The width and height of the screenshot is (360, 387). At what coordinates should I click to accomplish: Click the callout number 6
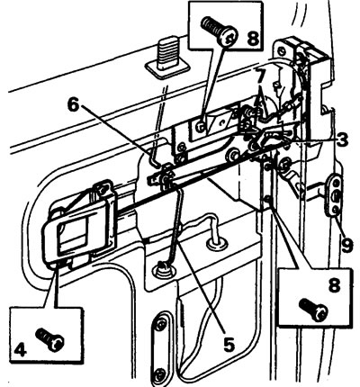[73, 105]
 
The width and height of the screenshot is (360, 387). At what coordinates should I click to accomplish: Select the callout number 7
[260, 76]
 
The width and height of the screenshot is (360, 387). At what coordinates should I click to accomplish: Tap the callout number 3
[341, 140]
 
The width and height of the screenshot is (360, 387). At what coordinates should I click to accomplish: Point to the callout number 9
[347, 246]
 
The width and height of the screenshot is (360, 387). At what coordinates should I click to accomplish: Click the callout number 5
[229, 344]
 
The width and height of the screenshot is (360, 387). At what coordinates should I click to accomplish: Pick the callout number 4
[20, 349]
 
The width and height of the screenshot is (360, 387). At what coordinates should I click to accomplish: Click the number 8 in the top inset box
[253, 38]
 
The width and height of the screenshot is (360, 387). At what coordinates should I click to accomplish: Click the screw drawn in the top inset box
[219, 31]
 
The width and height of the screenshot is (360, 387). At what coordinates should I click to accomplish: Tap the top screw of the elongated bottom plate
[161, 324]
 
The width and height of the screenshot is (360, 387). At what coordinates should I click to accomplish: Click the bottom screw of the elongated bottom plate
[161, 373]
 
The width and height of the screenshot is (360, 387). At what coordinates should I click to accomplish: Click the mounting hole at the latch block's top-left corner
[282, 49]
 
